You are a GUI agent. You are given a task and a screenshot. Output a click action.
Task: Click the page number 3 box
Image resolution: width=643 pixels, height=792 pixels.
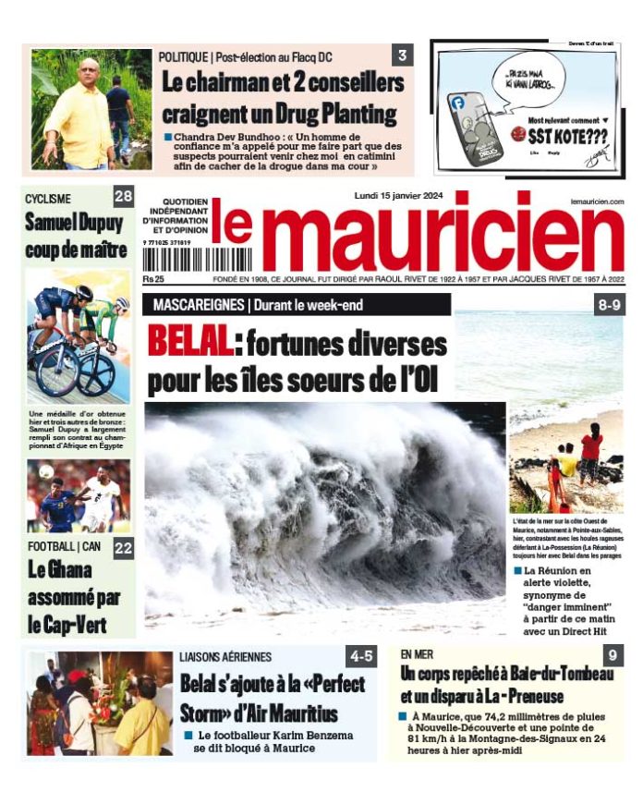[x=403, y=55]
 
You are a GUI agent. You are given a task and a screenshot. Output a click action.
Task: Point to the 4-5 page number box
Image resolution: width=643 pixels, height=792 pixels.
[x=361, y=657]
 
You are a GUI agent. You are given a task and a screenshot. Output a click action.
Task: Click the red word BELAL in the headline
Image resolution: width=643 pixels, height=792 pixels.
[x=190, y=344]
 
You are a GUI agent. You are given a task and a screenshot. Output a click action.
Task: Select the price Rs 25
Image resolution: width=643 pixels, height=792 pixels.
[x=153, y=278]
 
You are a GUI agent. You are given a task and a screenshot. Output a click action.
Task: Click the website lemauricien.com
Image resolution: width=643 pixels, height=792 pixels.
[x=597, y=201]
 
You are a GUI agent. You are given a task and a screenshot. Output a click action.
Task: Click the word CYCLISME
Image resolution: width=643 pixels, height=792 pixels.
[x=49, y=198]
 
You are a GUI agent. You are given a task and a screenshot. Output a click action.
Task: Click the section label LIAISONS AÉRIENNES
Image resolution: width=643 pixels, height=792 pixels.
[x=226, y=657]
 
